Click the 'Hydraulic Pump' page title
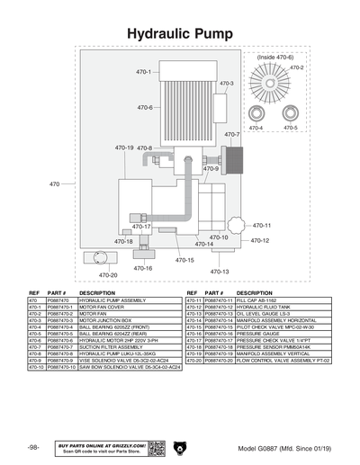point(180,32)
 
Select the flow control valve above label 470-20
point(98,258)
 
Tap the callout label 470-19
point(124,148)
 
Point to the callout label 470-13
point(220,272)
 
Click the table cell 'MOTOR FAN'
point(94,313)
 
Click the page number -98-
point(33,447)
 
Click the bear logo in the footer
point(180,447)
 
